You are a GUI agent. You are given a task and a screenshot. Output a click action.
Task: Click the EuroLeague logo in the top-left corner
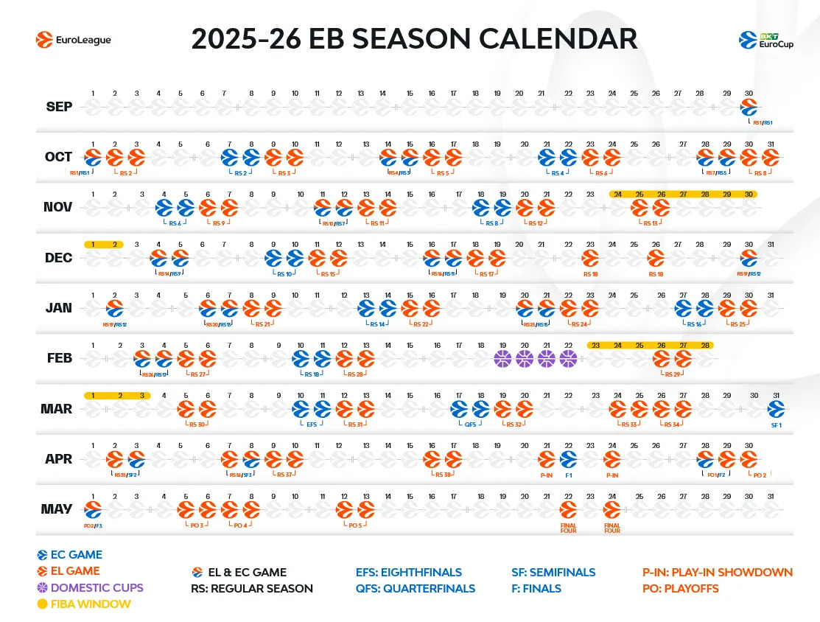click(x=74, y=40)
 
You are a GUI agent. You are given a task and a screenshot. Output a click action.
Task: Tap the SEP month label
click(x=59, y=107)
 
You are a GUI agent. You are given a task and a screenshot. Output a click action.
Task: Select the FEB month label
click(x=59, y=358)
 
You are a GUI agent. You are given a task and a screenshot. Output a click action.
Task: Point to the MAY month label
click(x=57, y=509)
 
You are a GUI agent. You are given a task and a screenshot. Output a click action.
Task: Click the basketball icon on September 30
click(x=749, y=107)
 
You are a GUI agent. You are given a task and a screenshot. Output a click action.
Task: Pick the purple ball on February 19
click(x=502, y=359)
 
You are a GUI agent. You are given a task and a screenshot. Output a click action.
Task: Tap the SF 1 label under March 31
click(x=775, y=424)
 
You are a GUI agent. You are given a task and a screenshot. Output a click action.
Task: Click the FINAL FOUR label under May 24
click(x=612, y=528)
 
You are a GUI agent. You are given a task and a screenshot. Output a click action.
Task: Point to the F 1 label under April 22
click(x=568, y=475)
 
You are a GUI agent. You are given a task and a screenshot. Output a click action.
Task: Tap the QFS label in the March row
click(x=469, y=424)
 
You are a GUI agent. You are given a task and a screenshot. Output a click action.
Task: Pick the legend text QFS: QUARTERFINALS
click(x=415, y=588)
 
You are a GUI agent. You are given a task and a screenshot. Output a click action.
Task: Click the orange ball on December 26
click(x=655, y=258)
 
